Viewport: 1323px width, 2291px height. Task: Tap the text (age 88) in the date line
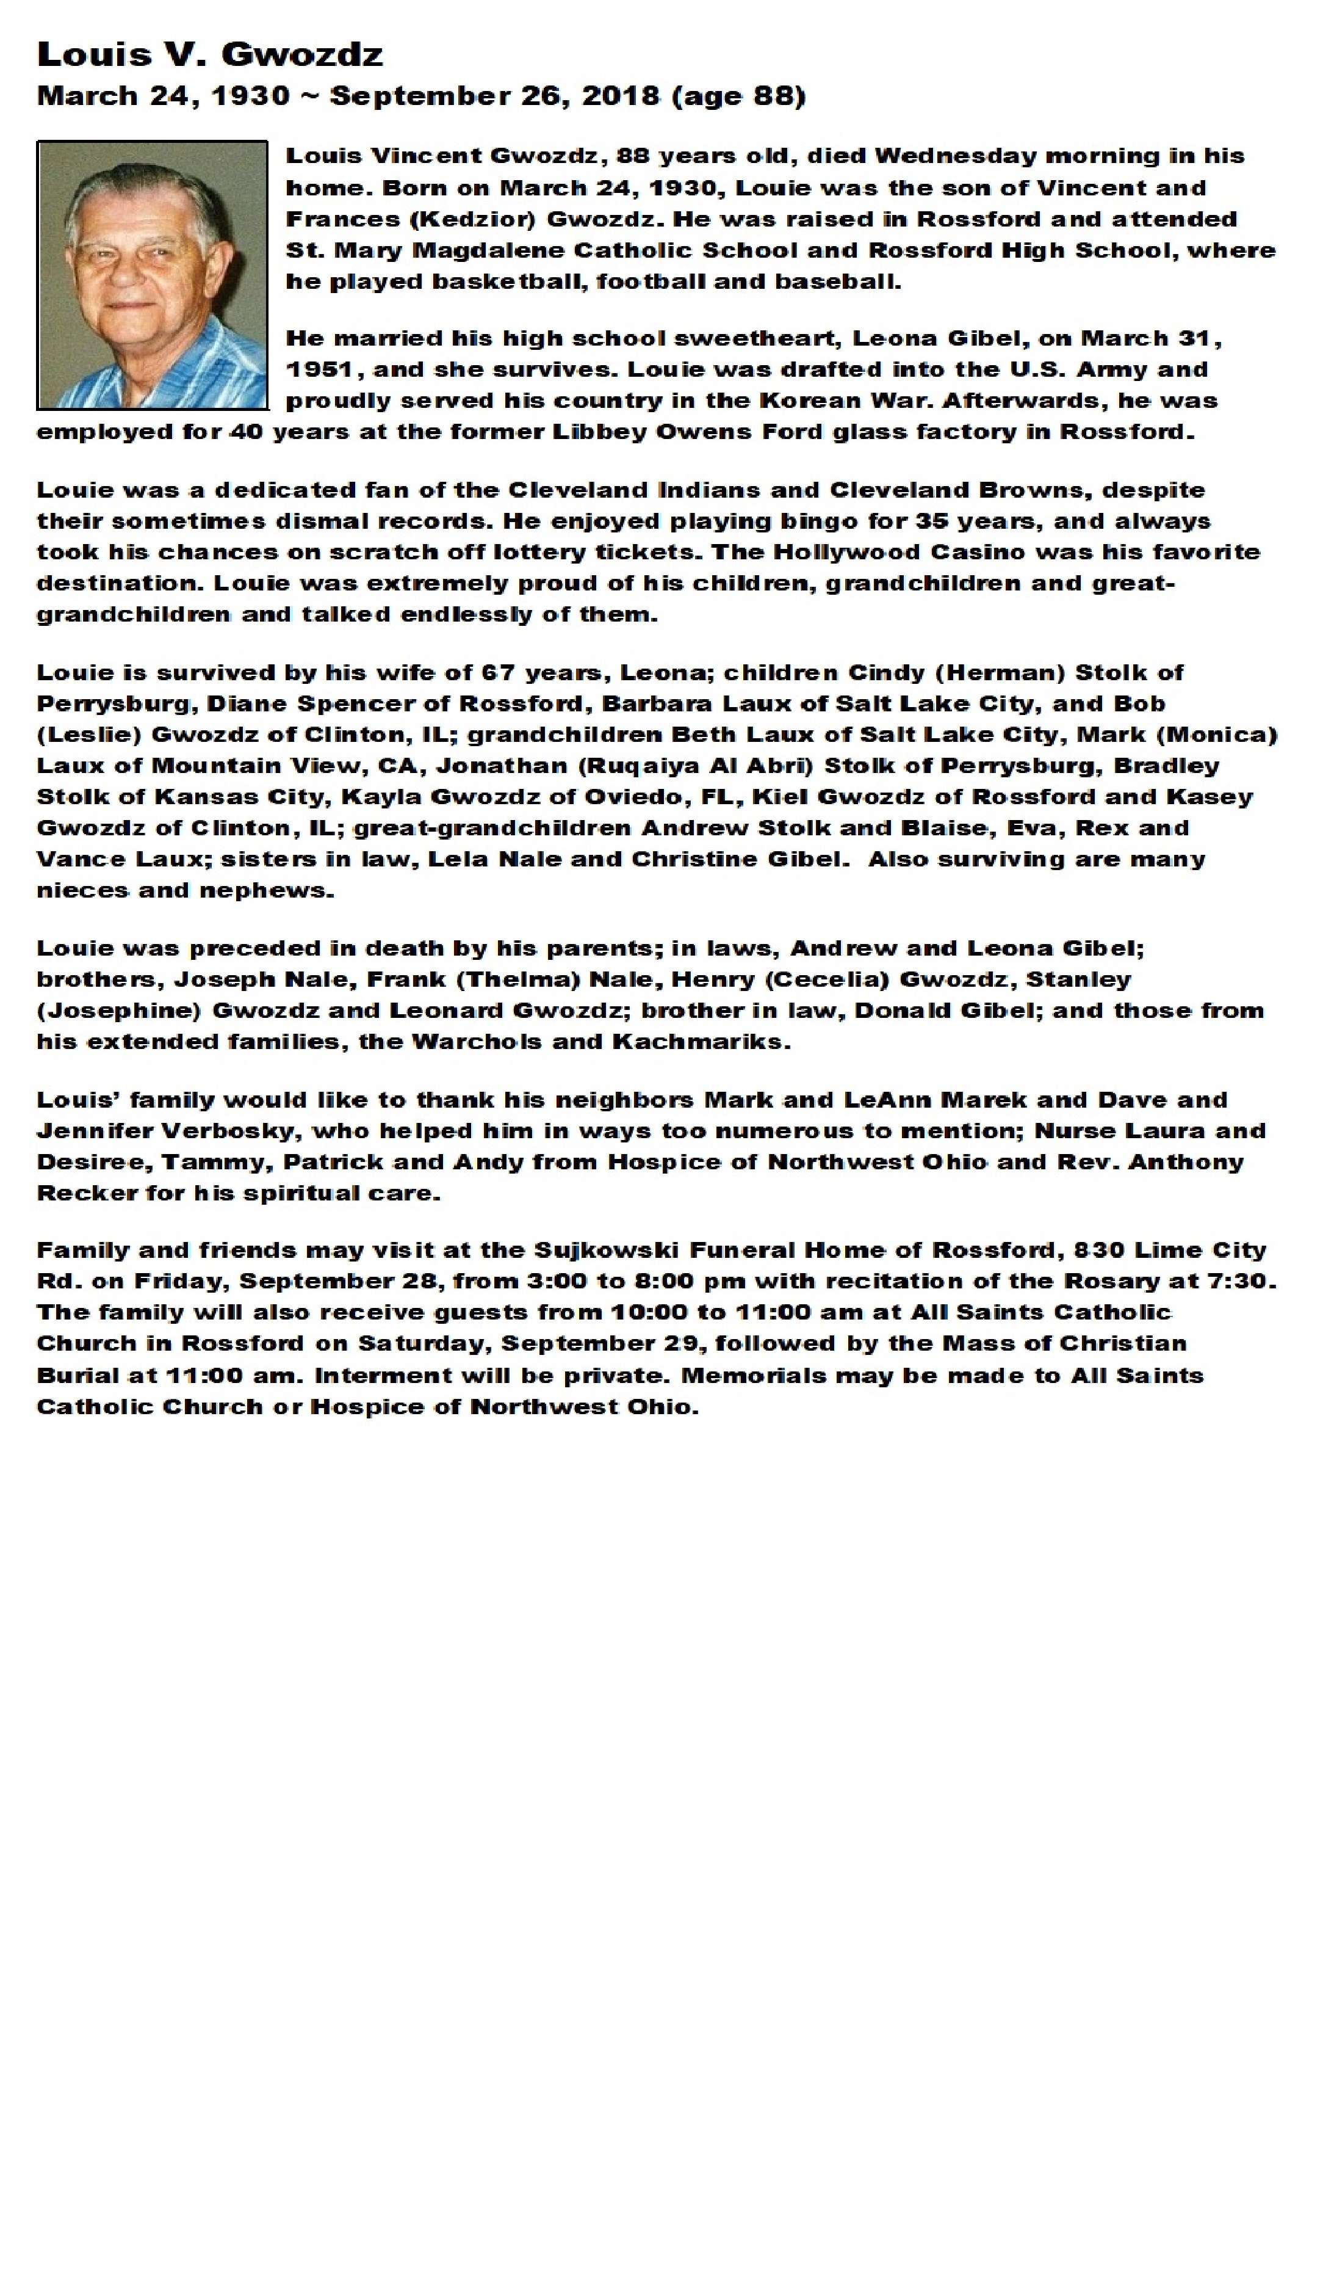click(x=738, y=96)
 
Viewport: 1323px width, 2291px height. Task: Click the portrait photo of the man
click(x=153, y=275)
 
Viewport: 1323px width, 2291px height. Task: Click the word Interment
click(x=375, y=1376)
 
